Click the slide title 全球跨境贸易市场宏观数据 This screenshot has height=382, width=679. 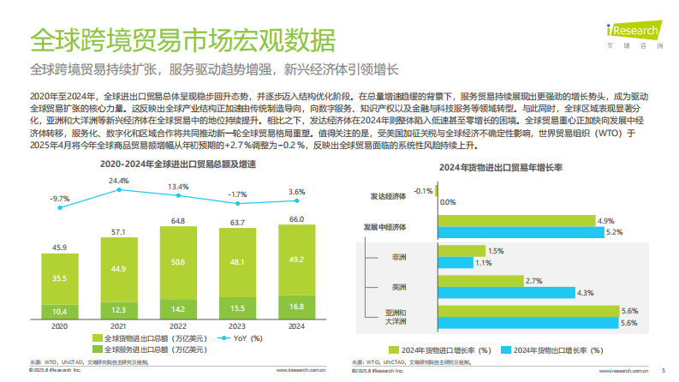tap(182, 39)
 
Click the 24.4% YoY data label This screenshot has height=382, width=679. tap(118, 182)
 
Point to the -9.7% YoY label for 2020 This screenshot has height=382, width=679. tap(59, 199)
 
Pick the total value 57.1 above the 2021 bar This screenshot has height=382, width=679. tap(119, 231)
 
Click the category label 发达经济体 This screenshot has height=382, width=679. tap(389, 196)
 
